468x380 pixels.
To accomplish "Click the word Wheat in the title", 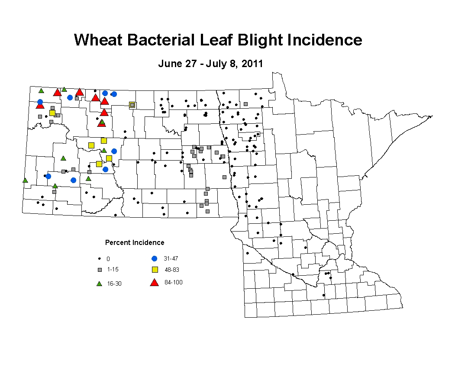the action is point(98,40).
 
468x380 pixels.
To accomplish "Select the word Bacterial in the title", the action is point(161,40).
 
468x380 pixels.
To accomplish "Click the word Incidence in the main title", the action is point(325,40).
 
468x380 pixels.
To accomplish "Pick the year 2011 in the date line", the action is point(252,64).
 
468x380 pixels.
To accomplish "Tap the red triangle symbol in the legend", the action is point(154,283).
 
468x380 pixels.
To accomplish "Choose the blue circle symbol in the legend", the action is point(154,259).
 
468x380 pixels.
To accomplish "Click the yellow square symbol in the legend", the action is point(155,270).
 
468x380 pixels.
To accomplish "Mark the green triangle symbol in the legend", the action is point(100,283).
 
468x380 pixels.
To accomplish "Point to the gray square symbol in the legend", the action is point(100,270).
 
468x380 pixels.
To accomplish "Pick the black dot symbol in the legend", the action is point(100,259).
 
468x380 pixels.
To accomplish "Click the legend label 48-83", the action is point(172,270).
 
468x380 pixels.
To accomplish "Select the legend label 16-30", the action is point(114,283).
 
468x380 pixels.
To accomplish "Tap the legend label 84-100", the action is point(174,282).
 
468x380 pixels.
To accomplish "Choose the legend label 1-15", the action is point(113,269).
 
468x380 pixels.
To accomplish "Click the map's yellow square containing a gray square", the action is point(132,105).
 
